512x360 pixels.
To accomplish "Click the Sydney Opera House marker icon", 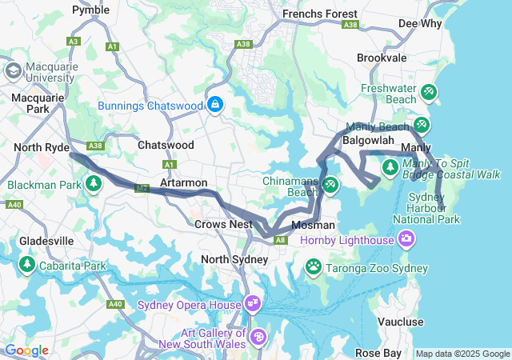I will tap(254, 304).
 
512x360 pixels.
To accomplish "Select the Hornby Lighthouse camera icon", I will tap(407, 239).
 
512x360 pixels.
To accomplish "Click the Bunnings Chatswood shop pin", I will tap(215, 104).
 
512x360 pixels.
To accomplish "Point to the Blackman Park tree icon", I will tap(94, 184).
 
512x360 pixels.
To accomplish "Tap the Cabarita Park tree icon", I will tap(27, 264).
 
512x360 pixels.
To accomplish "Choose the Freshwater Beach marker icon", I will tap(429, 92).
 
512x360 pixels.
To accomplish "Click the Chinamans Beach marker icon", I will tap(330, 185).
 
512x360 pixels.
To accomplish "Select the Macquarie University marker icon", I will tap(14, 70).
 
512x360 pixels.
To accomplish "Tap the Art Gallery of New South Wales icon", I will tap(258, 337).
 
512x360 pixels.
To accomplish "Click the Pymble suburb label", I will tap(90, 10).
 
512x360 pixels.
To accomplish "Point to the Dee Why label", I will tap(419, 23).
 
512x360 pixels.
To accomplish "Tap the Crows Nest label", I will tap(223, 225).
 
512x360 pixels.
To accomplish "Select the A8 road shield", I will tap(281, 238).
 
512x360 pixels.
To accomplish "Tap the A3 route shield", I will tap(74, 41).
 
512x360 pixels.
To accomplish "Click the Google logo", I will tap(26, 350).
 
